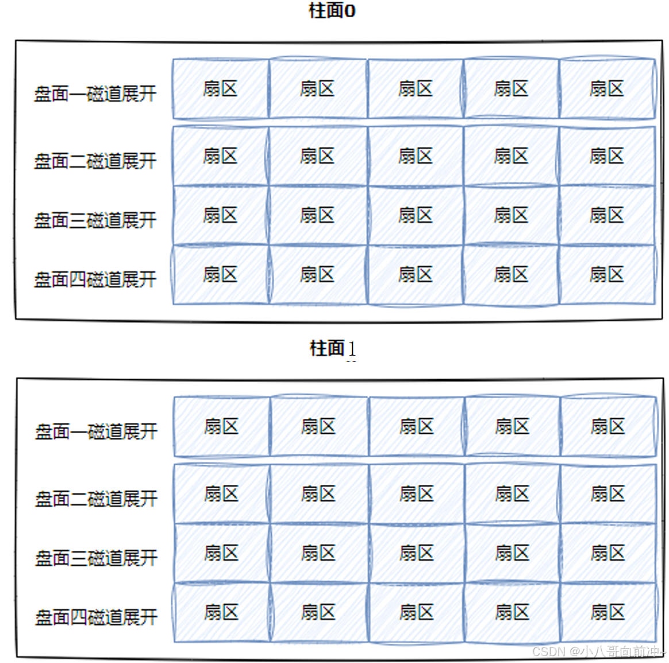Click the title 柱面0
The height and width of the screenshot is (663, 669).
coord(332,10)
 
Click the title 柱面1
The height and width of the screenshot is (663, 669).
coord(333,348)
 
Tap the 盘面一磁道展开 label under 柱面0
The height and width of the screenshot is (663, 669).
coord(95,93)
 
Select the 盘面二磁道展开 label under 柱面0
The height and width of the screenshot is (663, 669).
coord(95,161)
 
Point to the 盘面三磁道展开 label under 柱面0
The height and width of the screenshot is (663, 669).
coord(95,220)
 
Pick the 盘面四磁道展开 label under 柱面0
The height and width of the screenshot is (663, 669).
coord(95,280)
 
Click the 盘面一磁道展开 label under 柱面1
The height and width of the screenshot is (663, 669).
coord(96,431)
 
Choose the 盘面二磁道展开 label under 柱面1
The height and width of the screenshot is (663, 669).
coord(96,499)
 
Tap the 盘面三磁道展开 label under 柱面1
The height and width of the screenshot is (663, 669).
coord(96,558)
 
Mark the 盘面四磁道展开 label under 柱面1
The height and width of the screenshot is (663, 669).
coord(96,618)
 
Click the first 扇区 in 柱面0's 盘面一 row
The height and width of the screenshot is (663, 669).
coord(221,89)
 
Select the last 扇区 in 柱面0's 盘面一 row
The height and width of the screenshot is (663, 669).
coord(607,89)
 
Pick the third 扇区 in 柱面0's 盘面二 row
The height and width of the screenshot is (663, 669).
coord(416,156)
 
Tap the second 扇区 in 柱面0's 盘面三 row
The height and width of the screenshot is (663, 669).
coord(317,215)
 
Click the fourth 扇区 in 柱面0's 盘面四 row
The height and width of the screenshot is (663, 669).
coord(511,275)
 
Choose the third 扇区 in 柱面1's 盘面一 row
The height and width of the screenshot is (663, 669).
coord(417,427)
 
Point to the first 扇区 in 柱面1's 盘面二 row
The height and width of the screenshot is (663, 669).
coord(222,494)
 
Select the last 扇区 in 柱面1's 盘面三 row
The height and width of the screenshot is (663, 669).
coord(608,553)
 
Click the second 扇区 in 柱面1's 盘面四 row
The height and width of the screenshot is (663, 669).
coord(318,612)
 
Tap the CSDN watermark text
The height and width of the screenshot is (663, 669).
coord(597,652)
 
